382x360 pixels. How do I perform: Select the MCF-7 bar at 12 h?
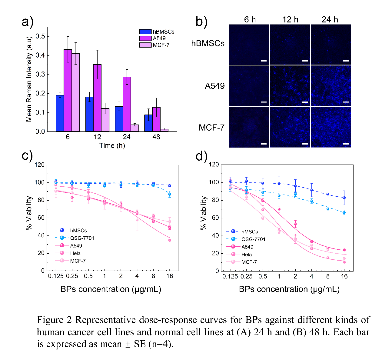pos(105,120)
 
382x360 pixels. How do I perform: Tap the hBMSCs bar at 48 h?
pos(148,123)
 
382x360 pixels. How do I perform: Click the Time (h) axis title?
pos(112,145)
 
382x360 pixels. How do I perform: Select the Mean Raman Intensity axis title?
pos(29,79)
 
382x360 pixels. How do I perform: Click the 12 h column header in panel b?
pos(290,20)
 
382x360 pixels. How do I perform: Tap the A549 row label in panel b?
pos(214,86)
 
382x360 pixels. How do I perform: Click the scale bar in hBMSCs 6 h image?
pos(264,61)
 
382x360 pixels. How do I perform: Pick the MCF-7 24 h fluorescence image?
pos(331,127)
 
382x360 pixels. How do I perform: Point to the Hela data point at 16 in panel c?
pos(170,240)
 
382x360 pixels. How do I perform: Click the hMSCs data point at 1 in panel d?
pos(279,184)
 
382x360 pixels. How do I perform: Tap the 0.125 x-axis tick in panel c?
pos(56,276)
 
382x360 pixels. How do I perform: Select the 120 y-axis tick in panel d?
pos(214,165)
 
